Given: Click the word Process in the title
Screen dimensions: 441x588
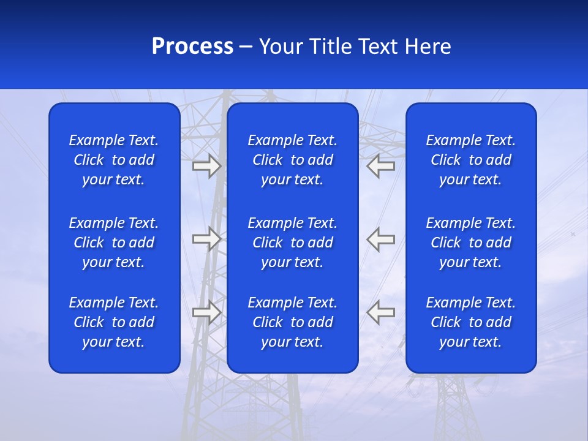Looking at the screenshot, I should point(192,47).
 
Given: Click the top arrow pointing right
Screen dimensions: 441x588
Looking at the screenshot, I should point(206,166).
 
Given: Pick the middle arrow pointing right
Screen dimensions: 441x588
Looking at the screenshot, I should point(206,239).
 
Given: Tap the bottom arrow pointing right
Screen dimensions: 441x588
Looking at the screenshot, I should point(206,312).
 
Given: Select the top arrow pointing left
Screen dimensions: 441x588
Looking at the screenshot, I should point(381,166).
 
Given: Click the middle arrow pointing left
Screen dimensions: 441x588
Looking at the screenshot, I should point(381,239).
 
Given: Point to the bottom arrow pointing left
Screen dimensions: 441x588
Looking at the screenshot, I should point(381,312).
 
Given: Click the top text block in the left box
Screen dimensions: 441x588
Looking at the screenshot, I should point(114,160).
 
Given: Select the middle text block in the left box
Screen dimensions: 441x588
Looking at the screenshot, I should point(114,243).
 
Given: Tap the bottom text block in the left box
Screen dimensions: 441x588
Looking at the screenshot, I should point(114,322).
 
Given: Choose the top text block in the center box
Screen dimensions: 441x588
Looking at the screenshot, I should point(292,160).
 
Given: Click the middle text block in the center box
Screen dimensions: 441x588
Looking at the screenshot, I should point(292,243).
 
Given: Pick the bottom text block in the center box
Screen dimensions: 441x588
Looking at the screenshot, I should point(292,322).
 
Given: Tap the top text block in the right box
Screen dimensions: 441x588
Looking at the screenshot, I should point(470,160).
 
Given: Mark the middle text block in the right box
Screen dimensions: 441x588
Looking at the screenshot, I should point(470,243).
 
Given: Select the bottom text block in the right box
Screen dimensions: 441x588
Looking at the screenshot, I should point(470,322).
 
